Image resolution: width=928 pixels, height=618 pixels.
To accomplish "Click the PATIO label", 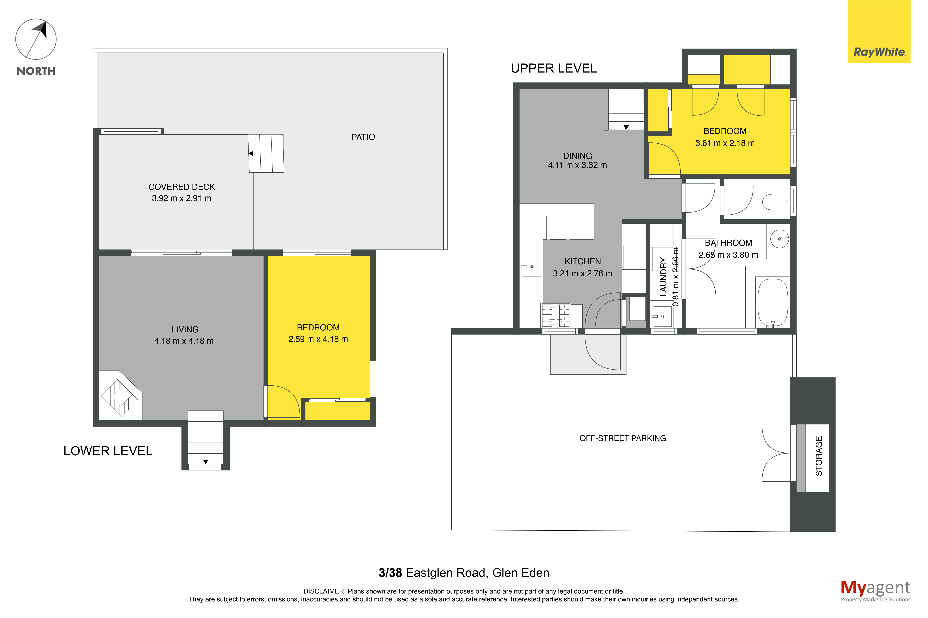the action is [363, 137].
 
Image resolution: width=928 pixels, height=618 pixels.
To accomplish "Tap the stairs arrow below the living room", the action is [206, 462].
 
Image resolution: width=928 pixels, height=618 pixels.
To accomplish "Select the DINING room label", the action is [577, 156].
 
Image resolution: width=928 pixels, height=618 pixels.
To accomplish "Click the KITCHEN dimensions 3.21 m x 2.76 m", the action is [582, 274].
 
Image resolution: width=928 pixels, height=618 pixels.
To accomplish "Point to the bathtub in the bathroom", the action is [773, 302].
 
